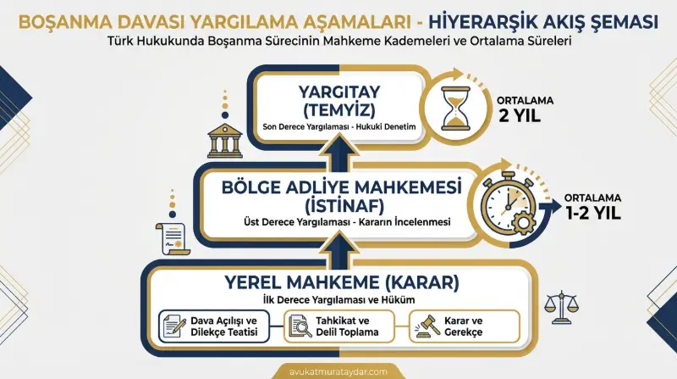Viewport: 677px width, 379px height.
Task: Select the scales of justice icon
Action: click(x=559, y=305)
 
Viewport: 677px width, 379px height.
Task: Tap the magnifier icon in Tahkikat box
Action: click(x=300, y=326)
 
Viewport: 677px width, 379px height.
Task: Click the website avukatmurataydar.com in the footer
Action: click(x=338, y=370)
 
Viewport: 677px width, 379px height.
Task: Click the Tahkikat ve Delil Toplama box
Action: click(x=338, y=326)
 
